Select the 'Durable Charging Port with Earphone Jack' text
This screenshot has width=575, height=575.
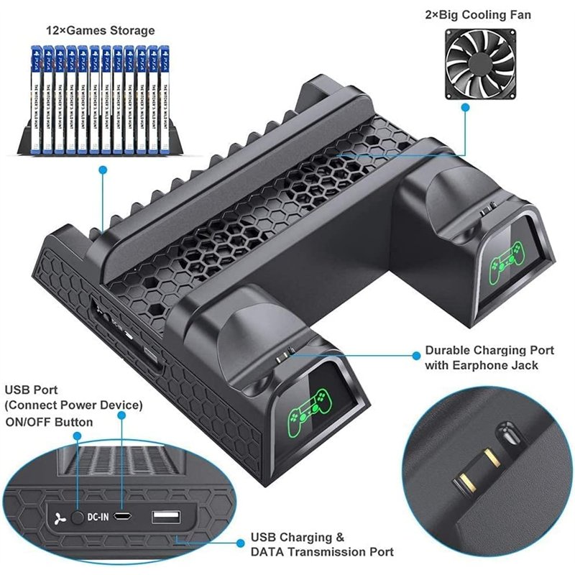(489, 358)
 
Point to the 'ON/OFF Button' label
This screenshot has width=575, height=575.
(49, 422)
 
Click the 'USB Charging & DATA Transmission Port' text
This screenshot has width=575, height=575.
(321, 544)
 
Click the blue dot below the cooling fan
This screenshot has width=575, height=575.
(465, 108)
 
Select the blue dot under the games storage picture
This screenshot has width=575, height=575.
(103, 170)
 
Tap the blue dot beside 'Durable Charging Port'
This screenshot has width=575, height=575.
(415, 354)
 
